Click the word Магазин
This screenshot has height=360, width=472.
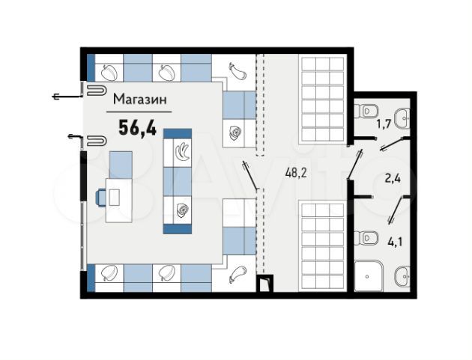tap(139, 99)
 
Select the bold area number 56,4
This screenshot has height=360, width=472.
tap(138, 127)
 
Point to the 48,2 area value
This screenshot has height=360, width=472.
tap(296, 173)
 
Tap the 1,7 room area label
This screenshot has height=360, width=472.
tap(384, 123)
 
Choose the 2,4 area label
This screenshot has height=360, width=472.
tap(393, 179)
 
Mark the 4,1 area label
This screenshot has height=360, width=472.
tap(395, 242)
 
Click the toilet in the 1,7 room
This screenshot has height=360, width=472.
tap(366, 111)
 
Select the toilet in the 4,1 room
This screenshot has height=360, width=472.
tap(366, 238)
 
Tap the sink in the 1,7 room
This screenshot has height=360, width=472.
tap(403, 118)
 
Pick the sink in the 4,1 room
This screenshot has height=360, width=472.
tap(403, 275)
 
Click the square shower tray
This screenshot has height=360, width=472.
tap(369, 276)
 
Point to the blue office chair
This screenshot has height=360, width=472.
tap(101, 198)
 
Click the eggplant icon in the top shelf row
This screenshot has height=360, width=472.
tap(237, 72)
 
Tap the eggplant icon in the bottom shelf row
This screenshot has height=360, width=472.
tap(237, 274)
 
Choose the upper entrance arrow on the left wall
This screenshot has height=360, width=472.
tap(67, 97)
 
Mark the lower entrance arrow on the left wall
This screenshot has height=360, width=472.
tap(75, 137)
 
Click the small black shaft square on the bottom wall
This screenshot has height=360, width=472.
tap(264, 284)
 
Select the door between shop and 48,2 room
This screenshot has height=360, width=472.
tap(250, 175)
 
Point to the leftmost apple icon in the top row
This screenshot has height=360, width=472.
tap(109, 72)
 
